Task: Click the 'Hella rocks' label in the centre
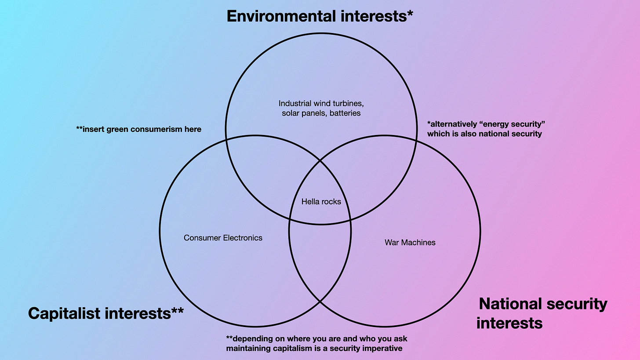(321, 202)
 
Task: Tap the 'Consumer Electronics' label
(223, 238)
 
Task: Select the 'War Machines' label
(410, 242)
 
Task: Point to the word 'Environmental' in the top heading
(281, 16)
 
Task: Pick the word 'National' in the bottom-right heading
(510, 304)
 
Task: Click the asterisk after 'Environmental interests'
(410, 13)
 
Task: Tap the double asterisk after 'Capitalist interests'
(178, 310)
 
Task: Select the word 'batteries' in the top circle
(345, 113)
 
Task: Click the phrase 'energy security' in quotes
(512, 124)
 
